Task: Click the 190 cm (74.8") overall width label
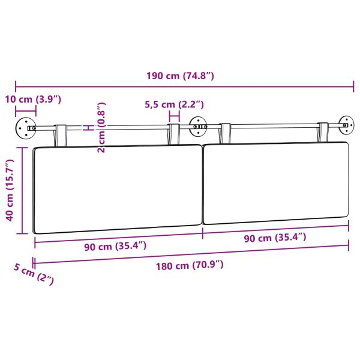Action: point(180,76)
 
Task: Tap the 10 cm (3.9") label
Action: point(34,98)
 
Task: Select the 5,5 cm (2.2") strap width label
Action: point(175,104)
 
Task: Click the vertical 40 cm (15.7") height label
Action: point(9,190)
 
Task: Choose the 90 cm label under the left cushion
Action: point(114,245)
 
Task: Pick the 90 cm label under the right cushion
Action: point(274,237)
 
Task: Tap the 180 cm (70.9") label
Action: point(192,265)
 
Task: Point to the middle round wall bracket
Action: point(197,126)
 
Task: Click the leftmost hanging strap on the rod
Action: point(61,134)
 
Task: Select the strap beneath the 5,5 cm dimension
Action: point(174,133)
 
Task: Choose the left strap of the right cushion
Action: point(226,133)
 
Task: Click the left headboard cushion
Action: point(118,188)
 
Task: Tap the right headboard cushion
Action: point(276,183)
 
